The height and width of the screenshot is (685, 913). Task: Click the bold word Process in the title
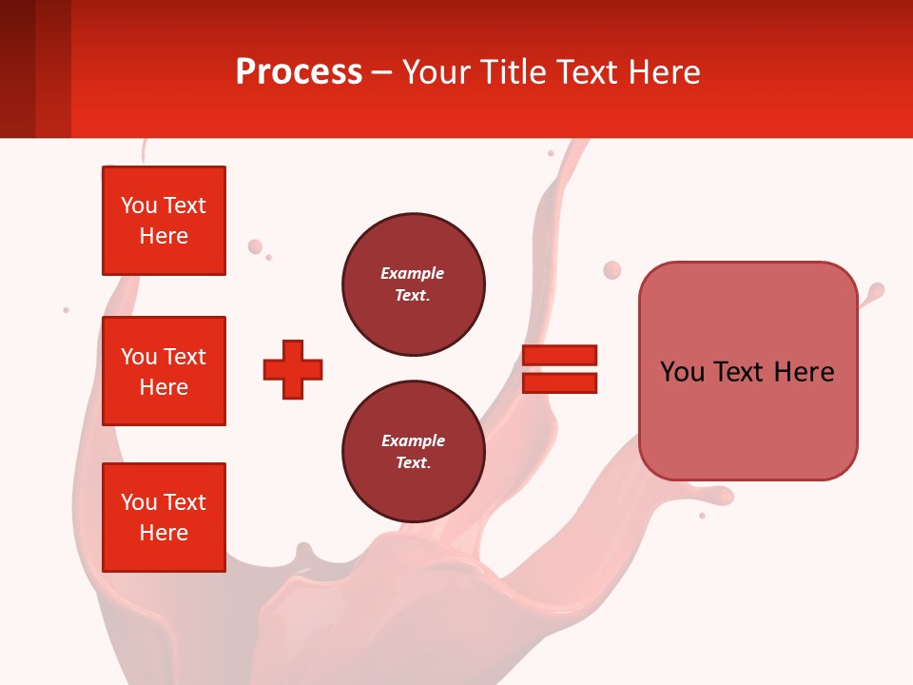(x=299, y=72)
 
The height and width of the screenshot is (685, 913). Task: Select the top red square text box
(x=164, y=221)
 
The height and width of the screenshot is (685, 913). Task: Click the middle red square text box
(x=164, y=371)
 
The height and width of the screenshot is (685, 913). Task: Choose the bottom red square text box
(x=164, y=518)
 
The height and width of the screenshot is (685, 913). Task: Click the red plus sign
(x=293, y=369)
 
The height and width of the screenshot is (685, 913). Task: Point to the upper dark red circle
(x=413, y=284)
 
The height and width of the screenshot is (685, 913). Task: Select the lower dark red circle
(x=413, y=452)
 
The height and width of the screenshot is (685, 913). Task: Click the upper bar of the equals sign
(x=559, y=355)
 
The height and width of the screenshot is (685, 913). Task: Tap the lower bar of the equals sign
(x=559, y=383)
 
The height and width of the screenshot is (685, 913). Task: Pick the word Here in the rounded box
(x=804, y=372)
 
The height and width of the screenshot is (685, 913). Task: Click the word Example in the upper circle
(x=412, y=273)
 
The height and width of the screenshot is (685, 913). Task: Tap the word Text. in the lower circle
(x=413, y=463)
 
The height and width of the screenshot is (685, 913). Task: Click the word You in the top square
(x=139, y=205)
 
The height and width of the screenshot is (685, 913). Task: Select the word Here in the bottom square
(x=164, y=533)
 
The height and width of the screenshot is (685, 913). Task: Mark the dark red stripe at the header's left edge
(x=17, y=68)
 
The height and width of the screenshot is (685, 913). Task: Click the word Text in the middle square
(x=185, y=357)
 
